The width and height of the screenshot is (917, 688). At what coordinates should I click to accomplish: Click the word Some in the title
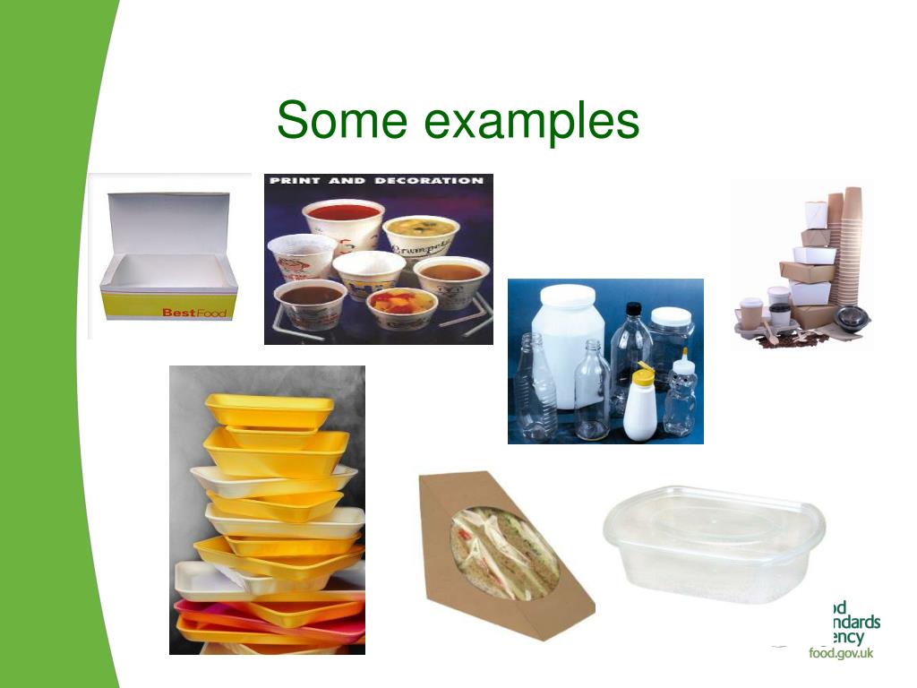pyautogui.click(x=341, y=121)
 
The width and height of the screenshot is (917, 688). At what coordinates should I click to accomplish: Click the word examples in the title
pyautogui.click(x=532, y=123)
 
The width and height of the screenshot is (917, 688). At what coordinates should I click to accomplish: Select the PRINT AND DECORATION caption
pyautogui.click(x=376, y=181)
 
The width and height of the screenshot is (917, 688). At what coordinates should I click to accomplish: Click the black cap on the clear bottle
pyautogui.click(x=634, y=309)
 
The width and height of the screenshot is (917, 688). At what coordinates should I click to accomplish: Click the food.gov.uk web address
pyautogui.click(x=841, y=653)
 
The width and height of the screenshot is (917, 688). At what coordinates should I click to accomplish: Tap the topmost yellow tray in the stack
pyautogui.click(x=269, y=408)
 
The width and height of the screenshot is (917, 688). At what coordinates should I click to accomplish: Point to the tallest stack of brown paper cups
pyautogui.click(x=852, y=242)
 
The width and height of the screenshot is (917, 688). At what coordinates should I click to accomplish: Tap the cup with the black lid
pyautogui.click(x=780, y=315)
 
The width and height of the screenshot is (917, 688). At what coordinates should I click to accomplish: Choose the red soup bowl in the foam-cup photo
pyautogui.click(x=343, y=215)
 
